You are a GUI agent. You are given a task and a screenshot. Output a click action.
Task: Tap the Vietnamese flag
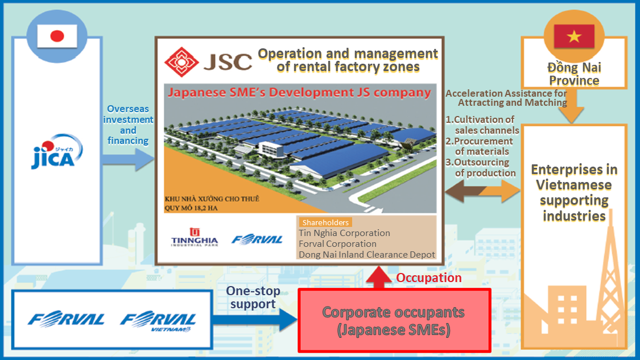[575, 37]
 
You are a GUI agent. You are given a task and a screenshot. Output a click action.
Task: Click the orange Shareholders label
[325, 222]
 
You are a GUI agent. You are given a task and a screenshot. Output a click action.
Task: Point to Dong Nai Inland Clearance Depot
[367, 254]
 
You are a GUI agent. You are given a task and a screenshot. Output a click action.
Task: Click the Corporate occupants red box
[394, 321]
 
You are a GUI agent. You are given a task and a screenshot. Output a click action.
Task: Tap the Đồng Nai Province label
[573, 74]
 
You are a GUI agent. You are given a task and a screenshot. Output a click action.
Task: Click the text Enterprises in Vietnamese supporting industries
[573, 192]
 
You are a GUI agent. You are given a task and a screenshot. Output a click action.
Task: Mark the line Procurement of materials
[481, 146]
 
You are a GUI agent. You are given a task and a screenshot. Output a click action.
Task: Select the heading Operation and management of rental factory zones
[348, 60]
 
